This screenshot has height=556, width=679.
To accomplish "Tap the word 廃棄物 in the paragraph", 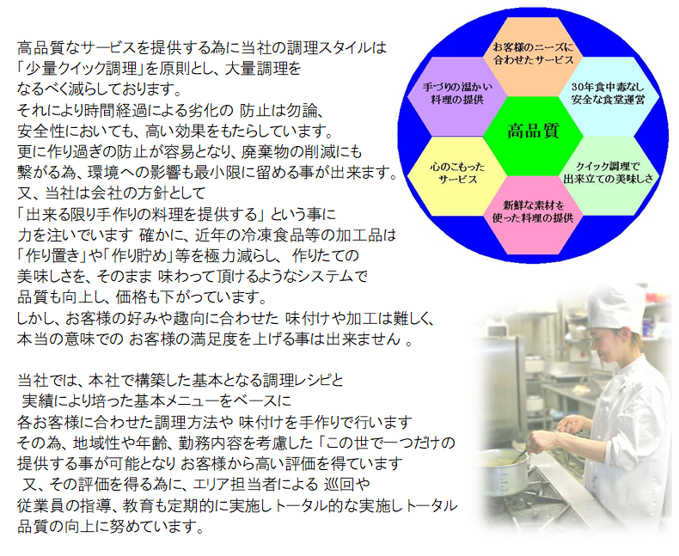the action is (x=277, y=152).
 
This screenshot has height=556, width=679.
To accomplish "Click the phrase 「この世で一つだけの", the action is (x=386, y=443).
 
